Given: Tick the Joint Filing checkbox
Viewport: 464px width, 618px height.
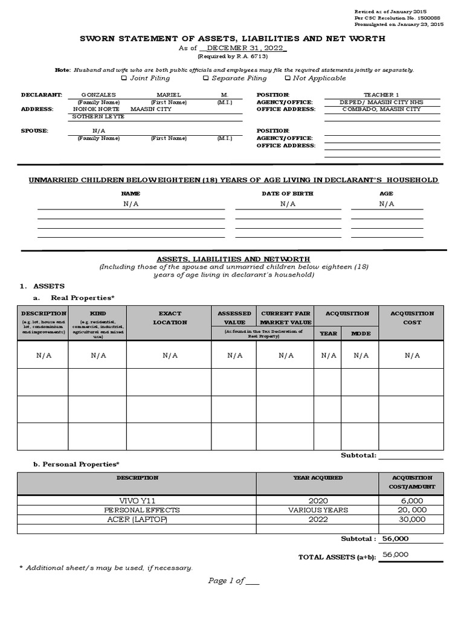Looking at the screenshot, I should pos(124,78).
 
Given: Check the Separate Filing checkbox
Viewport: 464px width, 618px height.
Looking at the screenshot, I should pos(206,78).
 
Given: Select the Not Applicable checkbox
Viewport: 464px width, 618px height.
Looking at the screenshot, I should pos(288,78).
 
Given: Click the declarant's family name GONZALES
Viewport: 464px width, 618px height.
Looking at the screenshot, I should pos(98,95).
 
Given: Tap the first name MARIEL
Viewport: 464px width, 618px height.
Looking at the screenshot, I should pos(169,95).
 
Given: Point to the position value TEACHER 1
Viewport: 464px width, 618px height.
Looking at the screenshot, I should pos(381,95).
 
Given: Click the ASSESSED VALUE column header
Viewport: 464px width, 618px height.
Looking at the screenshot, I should pos(234,318).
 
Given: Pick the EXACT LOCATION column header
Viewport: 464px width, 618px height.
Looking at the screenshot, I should pos(169,318).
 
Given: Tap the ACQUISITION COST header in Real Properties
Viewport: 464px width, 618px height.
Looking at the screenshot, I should pos(412,318).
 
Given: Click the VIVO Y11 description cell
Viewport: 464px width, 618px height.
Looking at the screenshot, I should pos(137,501).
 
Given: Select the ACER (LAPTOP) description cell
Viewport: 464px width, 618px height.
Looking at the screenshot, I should pos(137,519).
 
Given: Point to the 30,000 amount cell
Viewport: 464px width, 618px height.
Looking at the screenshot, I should pos(412,519).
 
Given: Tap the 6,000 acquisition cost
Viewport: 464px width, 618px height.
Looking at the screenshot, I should pos(412,501).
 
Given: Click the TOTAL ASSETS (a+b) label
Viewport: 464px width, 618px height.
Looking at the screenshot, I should pos(337,557).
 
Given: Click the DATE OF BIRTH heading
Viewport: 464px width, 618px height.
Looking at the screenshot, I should pos(288,193).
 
